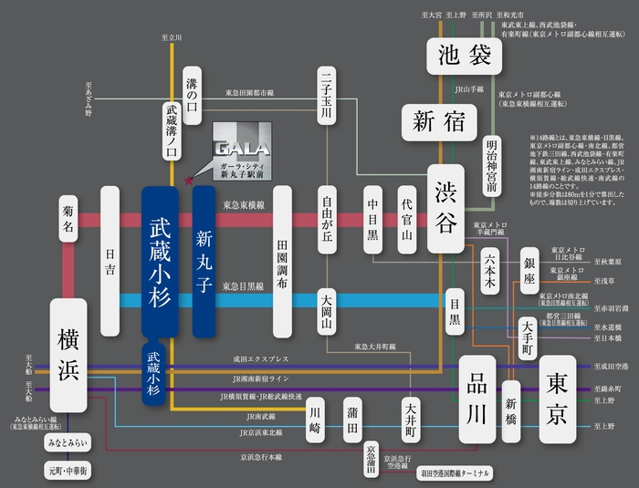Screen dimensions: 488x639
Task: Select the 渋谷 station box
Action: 453,208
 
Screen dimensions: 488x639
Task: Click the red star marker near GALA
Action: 189,181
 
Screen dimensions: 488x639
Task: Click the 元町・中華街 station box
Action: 68,471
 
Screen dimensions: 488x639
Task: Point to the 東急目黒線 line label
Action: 245,286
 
